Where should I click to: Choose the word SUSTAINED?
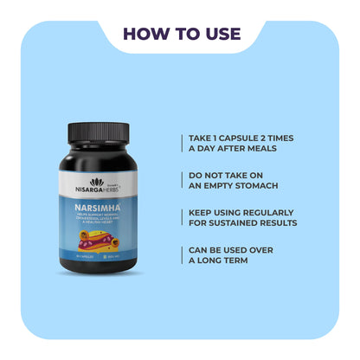click(x=242, y=223)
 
